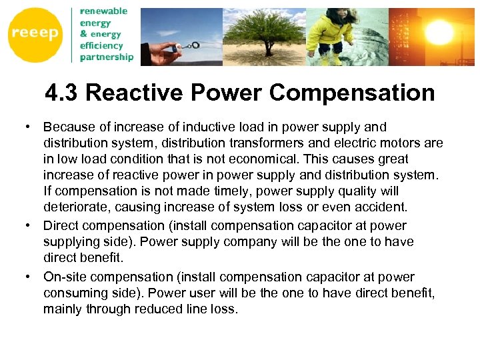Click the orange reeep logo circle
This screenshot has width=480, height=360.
[x=34, y=34]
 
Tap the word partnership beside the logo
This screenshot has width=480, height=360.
[x=106, y=57]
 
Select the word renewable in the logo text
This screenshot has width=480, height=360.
[x=103, y=11]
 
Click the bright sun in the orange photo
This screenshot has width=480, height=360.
[x=441, y=30]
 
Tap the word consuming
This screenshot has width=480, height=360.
[x=73, y=293]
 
